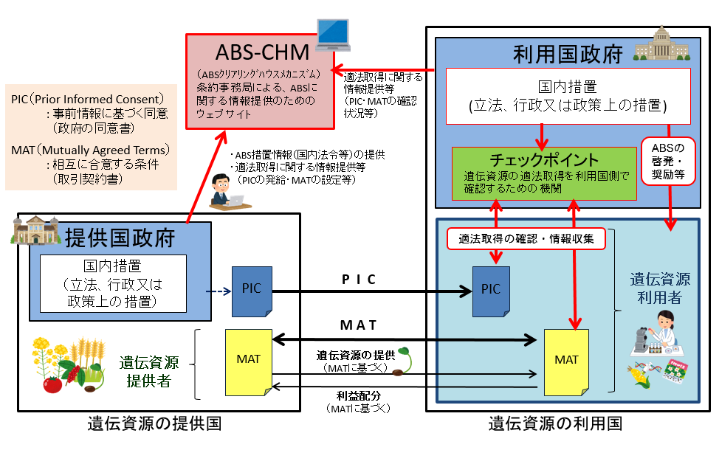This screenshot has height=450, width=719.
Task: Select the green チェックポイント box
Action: [x=544, y=173]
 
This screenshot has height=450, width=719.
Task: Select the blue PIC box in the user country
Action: [x=491, y=289]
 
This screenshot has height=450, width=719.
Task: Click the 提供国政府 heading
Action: [x=119, y=238]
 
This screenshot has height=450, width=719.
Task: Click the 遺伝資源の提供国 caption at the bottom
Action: [x=154, y=423]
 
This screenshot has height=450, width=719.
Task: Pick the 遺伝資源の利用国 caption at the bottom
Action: [x=555, y=423]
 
